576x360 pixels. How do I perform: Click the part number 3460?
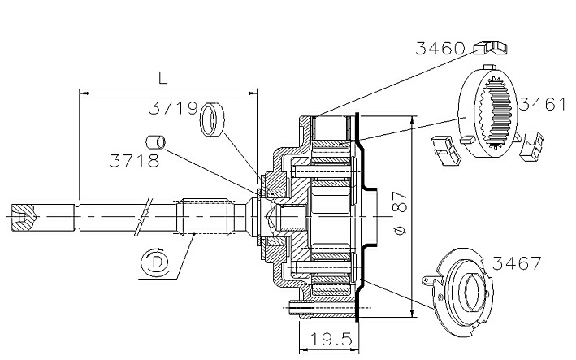tap(440, 48)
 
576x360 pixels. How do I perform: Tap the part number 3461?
tap(542, 104)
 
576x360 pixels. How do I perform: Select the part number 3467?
tap(517, 263)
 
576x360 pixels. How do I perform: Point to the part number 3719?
tap(173, 108)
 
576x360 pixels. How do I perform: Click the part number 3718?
tap(134, 161)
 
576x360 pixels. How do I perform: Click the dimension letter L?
tap(162, 78)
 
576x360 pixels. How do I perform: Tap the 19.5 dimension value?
tap(331, 340)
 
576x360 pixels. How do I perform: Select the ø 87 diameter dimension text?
tap(400, 213)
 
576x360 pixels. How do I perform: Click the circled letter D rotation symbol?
tap(157, 262)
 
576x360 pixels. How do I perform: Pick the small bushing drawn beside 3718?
tap(156, 142)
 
